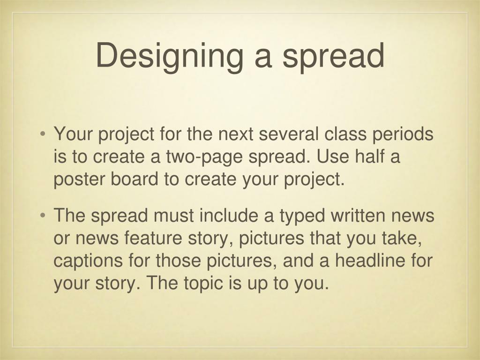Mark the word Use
pos(330,157)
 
